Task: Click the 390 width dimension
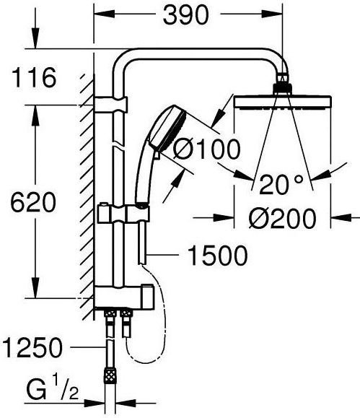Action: (x=185, y=15)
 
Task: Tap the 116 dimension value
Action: (x=34, y=77)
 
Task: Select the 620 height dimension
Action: (x=33, y=202)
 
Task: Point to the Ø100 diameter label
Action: (x=206, y=149)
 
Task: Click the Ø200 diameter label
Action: (x=283, y=219)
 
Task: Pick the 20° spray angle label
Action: (x=281, y=184)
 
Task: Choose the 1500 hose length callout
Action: (x=218, y=256)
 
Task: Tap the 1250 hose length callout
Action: (x=32, y=348)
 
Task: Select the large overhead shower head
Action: (x=283, y=102)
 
